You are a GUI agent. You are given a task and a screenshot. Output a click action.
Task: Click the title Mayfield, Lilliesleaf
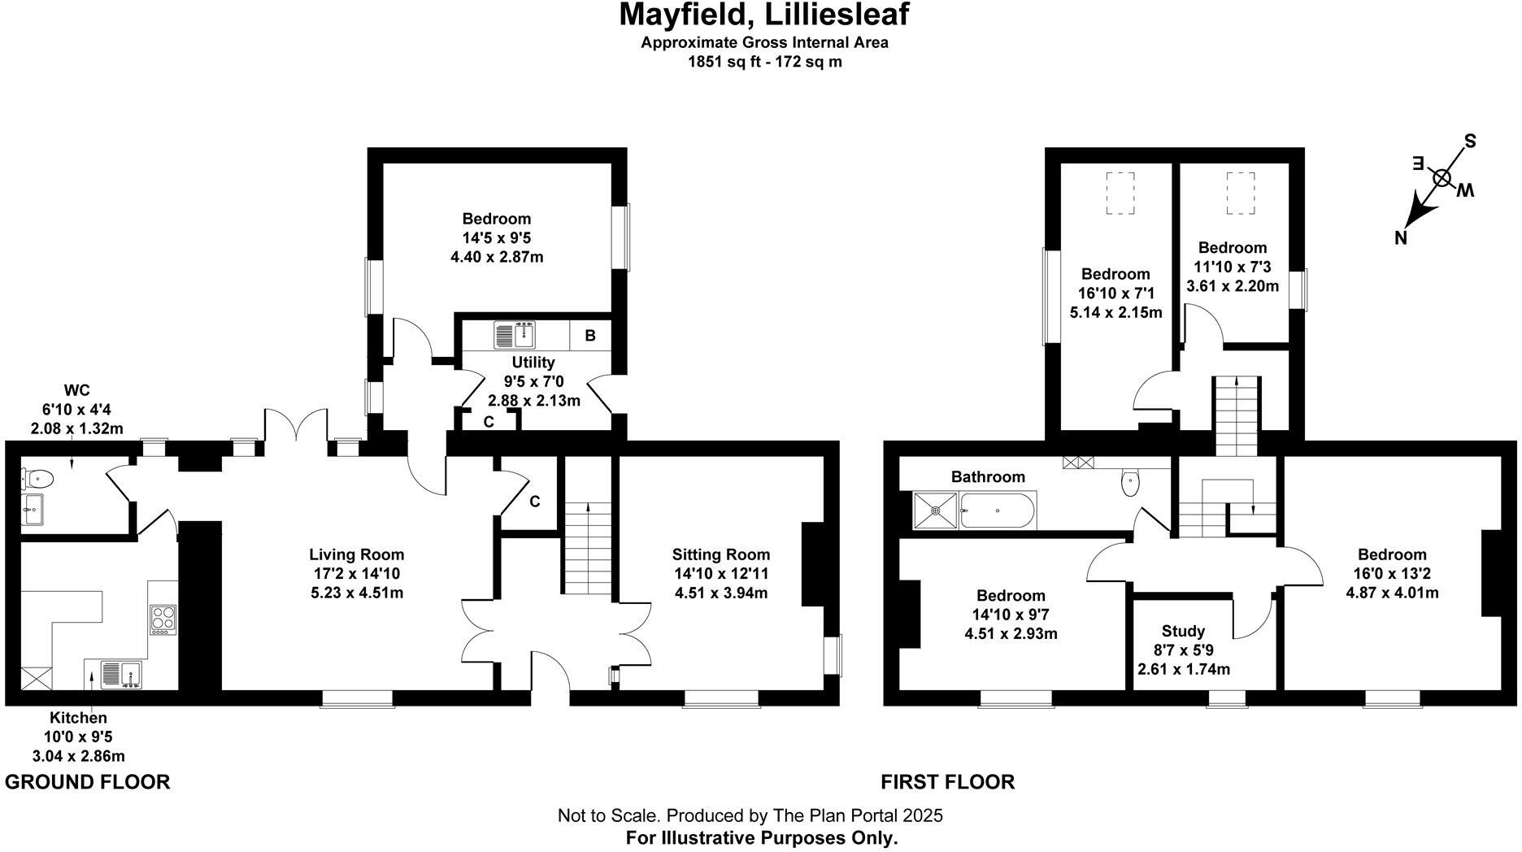[x=763, y=15]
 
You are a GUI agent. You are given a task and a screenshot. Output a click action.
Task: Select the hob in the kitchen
[x=163, y=619]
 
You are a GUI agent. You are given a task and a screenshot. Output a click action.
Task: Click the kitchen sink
[x=120, y=675]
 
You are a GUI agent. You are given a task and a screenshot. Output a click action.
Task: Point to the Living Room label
[x=356, y=554]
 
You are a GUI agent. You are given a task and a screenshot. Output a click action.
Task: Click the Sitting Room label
[x=720, y=554]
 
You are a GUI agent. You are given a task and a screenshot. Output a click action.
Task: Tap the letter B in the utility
[x=590, y=335]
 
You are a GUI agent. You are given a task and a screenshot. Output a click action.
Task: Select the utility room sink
[x=515, y=334]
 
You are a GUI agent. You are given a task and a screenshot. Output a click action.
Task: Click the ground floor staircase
[x=586, y=549]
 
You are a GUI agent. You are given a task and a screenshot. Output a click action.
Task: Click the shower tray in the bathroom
[x=936, y=511]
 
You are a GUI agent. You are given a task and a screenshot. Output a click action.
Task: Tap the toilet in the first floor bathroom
[x=1130, y=483]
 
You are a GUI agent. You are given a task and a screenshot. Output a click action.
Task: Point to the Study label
[x=1183, y=631]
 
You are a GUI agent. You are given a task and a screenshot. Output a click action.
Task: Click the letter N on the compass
[x=1400, y=238]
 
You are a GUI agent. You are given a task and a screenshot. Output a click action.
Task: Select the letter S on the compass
[x=1470, y=141]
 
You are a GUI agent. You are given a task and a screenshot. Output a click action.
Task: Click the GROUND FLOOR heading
[x=88, y=782]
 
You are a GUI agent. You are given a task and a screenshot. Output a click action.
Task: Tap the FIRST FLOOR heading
[x=948, y=782]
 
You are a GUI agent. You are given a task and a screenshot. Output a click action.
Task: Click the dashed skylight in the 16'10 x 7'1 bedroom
[x=1120, y=193]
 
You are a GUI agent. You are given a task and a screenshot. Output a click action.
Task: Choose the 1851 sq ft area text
[x=764, y=62]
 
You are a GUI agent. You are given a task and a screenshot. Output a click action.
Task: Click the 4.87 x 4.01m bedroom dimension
[x=1392, y=593]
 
